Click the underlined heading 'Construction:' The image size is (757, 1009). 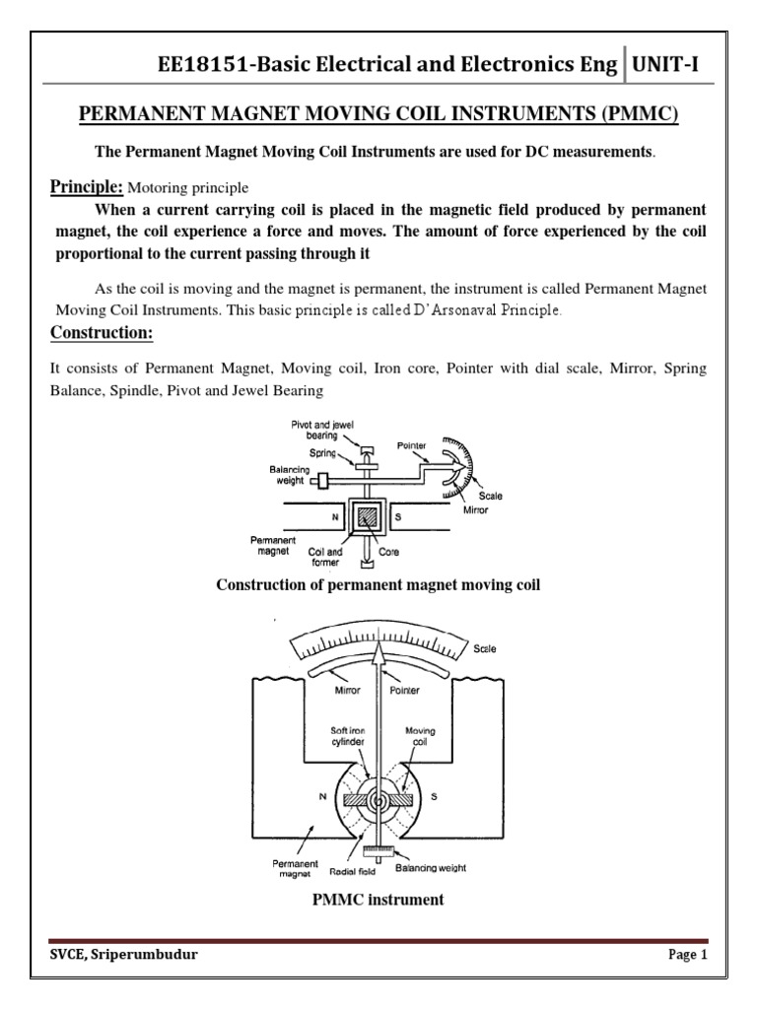(x=102, y=333)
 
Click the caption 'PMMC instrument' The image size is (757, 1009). (x=378, y=899)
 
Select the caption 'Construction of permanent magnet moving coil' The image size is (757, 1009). (x=378, y=585)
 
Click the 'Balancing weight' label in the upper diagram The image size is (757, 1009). (x=289, y=475)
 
